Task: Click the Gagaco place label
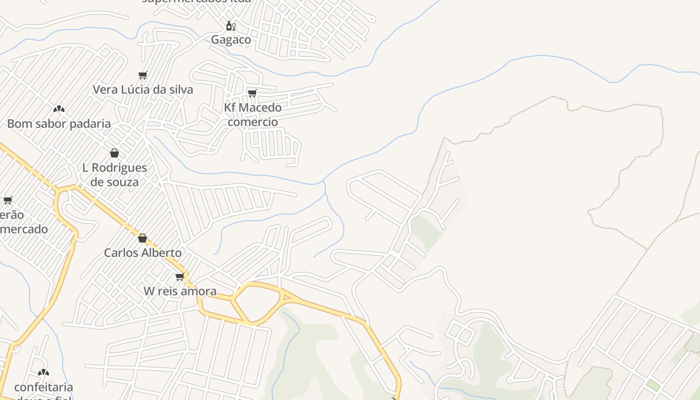click(231, 39)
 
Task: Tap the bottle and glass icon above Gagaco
click(230, 25)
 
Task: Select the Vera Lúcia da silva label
click(143, 89)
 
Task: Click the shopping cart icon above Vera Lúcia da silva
click(143, 75)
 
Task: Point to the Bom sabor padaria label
click(59, 123)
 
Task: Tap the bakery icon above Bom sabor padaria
click(59, 109)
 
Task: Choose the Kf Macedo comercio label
click(252, 114)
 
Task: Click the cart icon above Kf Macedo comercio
click(252, 93)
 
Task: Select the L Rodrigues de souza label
click(114, 174)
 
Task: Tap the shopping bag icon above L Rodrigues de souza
click(114, 153)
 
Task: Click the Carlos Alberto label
click(142, 252)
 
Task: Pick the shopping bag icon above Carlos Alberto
click(142, 238)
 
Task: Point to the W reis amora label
click(180, 291)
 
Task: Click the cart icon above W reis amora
click(180, 276)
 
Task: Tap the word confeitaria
click(43, 387)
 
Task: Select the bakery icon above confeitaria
click(43, 372)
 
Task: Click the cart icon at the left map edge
click(8, 200)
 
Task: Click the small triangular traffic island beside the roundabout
click(287, 297)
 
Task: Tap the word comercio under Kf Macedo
click(252, 122)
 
